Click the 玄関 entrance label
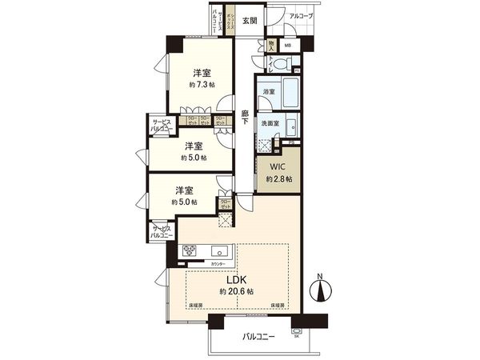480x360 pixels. click(x=250, y=22)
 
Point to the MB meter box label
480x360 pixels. click(x=286, y=46)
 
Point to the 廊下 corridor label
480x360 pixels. click(x=246, y=116)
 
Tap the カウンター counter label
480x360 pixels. click(x=217, y=264)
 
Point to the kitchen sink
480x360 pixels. click(x=219, y=250)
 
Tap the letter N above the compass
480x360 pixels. click(x=320, y=277)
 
